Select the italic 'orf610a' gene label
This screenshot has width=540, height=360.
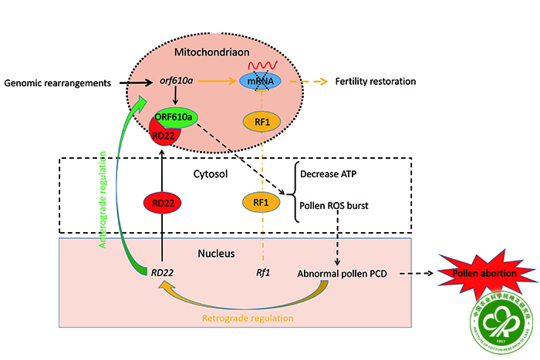176,80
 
